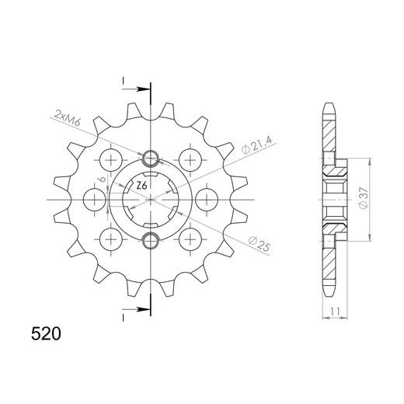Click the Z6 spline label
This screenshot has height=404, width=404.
140,186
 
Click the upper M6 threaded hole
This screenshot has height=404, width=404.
151,160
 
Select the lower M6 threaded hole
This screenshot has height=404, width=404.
151,237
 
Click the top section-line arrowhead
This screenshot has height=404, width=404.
141,89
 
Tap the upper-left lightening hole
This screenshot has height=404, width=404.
111,161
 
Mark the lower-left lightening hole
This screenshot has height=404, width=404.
111,236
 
